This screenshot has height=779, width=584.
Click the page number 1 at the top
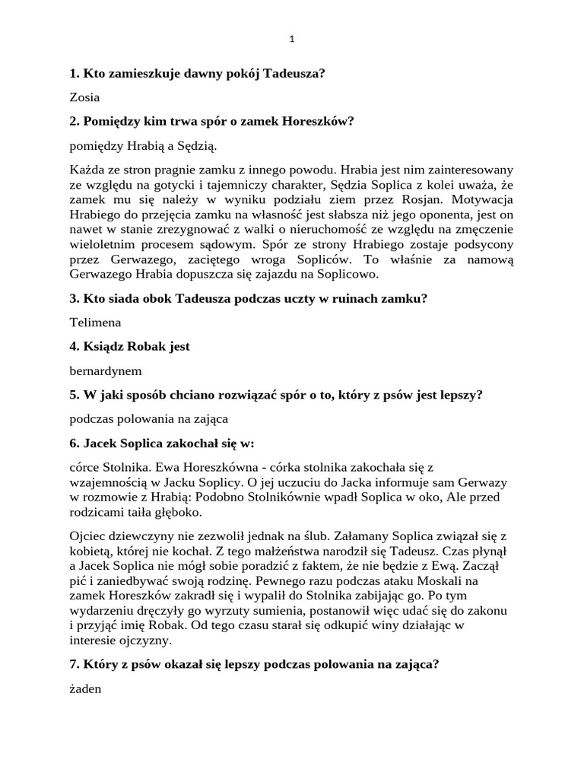click(292, 40)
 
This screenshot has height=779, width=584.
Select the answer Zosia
click(84, 97)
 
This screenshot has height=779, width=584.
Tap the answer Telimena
click(95, 323)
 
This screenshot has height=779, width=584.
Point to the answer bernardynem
click(106, 370)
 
